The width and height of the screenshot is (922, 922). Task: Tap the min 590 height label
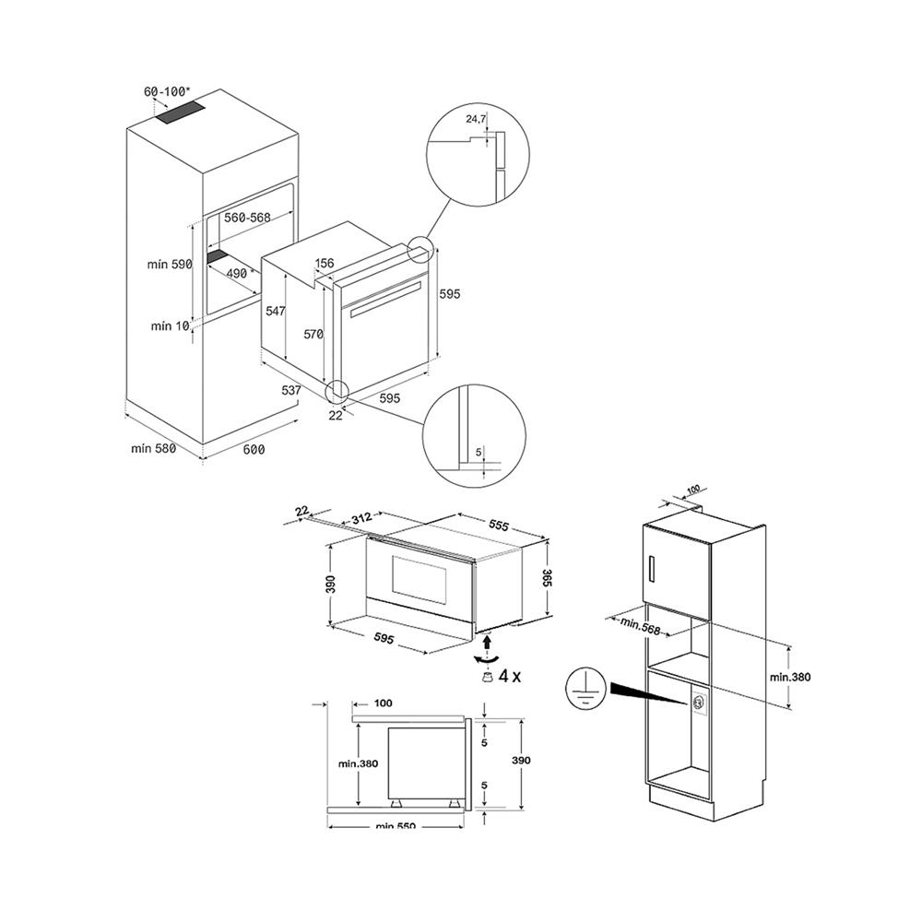click(x=169, y=264)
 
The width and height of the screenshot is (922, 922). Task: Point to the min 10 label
click(x=169, y=325)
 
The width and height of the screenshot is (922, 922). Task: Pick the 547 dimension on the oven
click(x=276, y=312)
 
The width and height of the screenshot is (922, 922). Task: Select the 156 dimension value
click(x=325, y=264)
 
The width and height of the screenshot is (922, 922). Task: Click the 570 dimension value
click(x=313, y=335)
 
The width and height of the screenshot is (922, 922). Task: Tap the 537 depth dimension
click(x=291, y=390)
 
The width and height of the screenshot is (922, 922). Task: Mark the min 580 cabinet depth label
click(x=152, y=449)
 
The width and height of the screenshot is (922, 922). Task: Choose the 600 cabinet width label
click(x=254, y=449)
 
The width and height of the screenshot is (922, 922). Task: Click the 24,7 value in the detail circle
click(x=476, y=119)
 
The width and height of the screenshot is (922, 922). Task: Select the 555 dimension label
click(x=500, y=525)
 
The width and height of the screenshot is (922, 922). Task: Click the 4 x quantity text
click(x=510, y=676)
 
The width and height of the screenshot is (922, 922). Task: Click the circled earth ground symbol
click(x=582, y=688)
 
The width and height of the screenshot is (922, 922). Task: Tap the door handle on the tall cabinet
click(x=654, y=569)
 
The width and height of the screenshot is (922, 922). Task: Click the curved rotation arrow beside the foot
click(x=485, y=657)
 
